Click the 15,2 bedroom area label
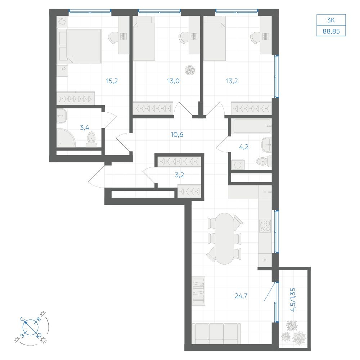[112, 81]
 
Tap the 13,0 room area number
[174, 81]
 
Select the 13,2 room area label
[231, 81]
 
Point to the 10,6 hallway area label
[177, 135]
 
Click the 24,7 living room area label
[241, 296]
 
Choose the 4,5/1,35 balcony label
[293, 300]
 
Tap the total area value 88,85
[331, 31]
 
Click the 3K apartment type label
[331, 20]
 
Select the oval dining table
[224, 239]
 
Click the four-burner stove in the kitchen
[265, 226]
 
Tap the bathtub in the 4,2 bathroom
[251, 126]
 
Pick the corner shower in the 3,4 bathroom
[66, 138]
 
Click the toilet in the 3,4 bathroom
[91, 139]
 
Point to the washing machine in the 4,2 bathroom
[238, 165]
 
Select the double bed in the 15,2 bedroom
[79, 46]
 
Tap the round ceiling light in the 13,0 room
[190, 70]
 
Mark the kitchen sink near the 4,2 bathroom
[265, 192]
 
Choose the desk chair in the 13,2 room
[255, 37]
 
